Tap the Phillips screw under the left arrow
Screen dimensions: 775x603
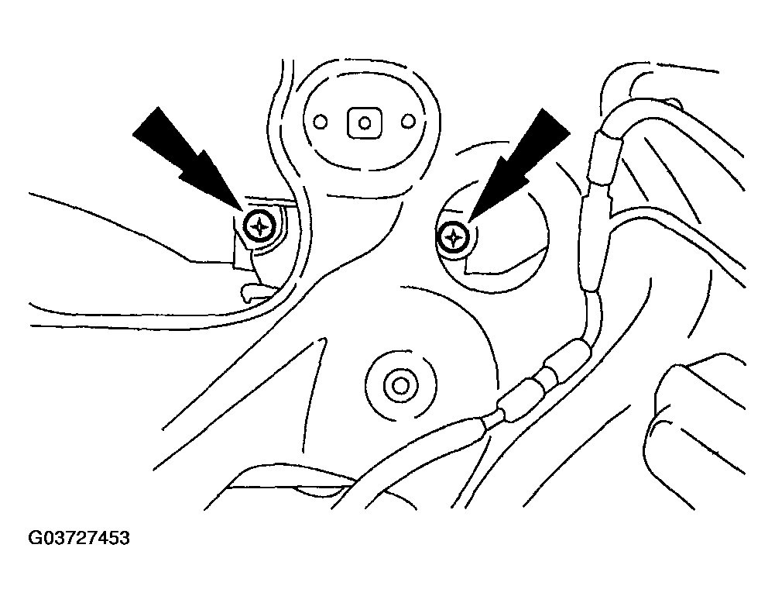(259, 227)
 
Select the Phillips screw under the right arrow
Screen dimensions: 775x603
(452, 239)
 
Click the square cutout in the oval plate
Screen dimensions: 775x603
(364, 122)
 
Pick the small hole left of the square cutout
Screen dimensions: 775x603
(321, 122)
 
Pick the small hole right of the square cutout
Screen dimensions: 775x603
(408, 121)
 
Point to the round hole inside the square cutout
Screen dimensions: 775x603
(364, 122)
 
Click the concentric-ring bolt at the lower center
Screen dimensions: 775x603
(400, 385)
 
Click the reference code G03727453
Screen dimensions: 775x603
(79, 538)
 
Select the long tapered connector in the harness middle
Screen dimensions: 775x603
(595, 243)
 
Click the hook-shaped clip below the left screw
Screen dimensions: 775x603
(257, 292)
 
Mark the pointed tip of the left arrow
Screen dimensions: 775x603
(244, 212)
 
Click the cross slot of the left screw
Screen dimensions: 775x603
(259, 227)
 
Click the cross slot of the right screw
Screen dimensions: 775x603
(452, 239)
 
